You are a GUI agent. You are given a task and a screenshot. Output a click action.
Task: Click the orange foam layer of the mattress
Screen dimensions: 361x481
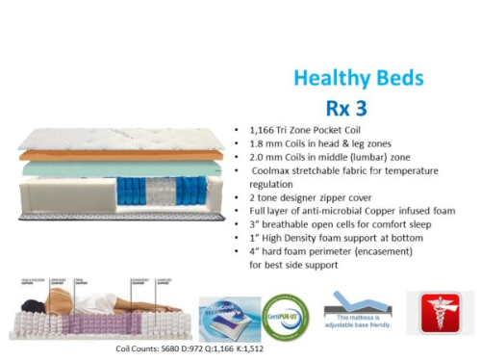(x=115, y=154)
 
